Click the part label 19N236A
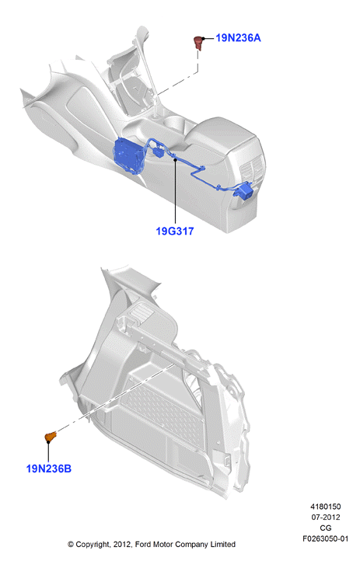238,37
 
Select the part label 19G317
175,231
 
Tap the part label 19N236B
49,469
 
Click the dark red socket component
197,42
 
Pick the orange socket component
51,436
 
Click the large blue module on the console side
130,156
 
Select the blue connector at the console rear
243,190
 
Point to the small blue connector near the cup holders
158,152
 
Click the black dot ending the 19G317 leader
176,159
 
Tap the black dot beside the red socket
204,38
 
